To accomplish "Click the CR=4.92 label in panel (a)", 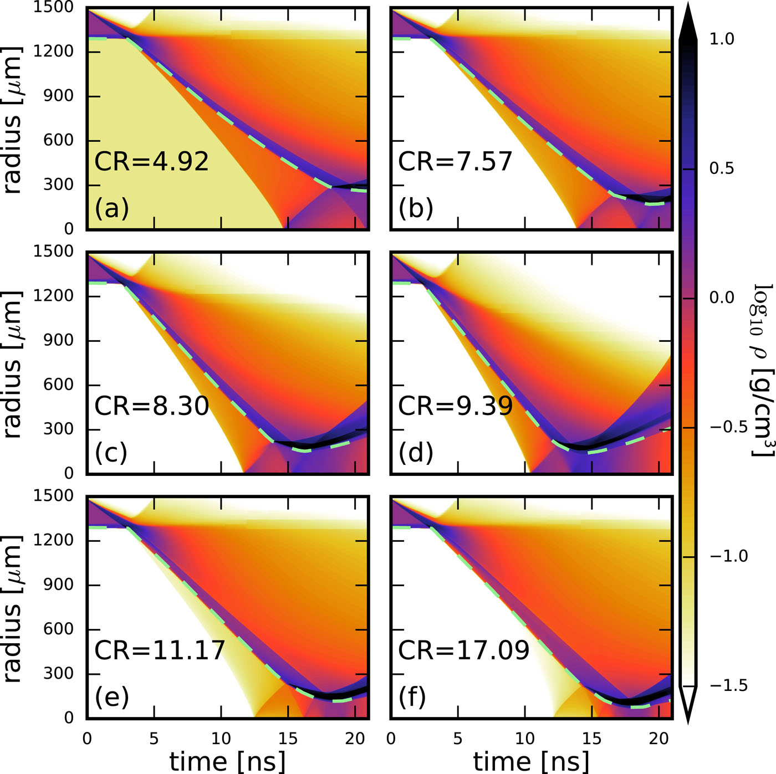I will [151, 161].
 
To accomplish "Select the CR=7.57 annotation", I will [455, 161].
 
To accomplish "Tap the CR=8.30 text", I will [151, 406].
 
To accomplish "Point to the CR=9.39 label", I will [455, 406].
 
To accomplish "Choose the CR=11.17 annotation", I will [160, 650].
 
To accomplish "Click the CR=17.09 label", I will [463, 650].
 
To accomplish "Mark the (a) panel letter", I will [111, 209].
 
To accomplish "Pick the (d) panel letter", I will [415, 453].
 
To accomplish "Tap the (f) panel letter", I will [412, 697].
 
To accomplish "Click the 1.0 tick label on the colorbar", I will [722, 39].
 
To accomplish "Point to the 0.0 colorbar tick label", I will [722, 298].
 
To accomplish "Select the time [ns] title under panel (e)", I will [227, 761].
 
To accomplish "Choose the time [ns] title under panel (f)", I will [531, 761].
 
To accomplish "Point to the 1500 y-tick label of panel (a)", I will [53, 8].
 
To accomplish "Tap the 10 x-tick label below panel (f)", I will [524, 739].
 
